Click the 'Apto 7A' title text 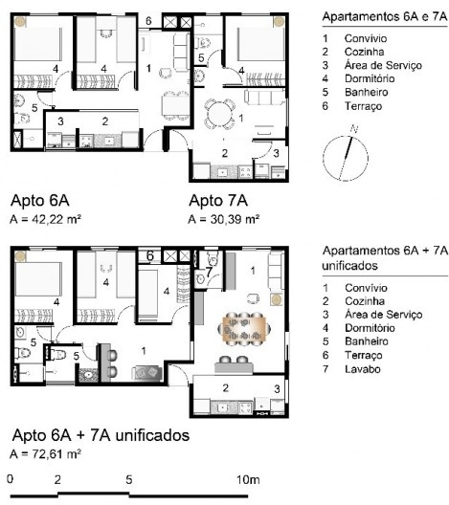click(218, 201)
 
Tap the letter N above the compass click(354, 128)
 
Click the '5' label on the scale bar click(128, 478)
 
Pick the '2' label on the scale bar click(57, 478)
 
